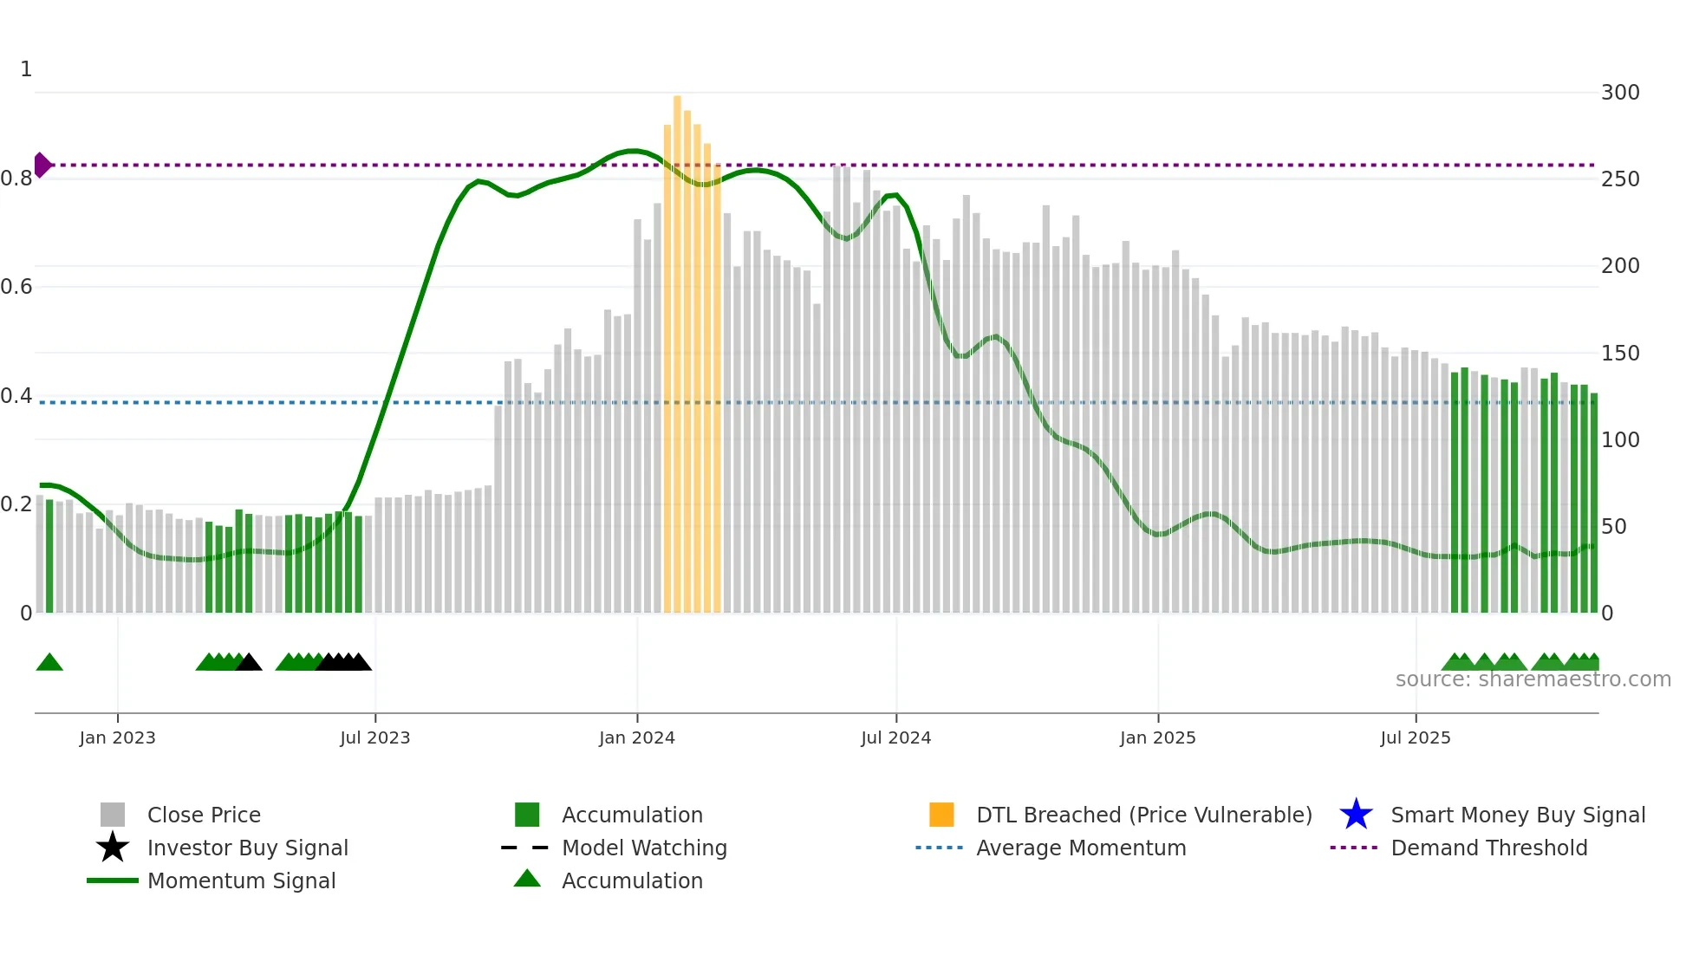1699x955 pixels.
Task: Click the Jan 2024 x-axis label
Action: pos(636,737)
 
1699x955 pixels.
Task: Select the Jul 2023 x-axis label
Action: pos(374,737)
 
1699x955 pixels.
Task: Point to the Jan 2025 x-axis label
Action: pos(1157,737)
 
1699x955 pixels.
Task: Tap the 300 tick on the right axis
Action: pos(1620,93)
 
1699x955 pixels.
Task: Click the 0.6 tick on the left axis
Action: pos(16,287)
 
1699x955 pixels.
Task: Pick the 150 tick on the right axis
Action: pos(1620,354)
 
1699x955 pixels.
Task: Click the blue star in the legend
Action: pos(1356,815)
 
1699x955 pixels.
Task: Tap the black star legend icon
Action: pos(113,848)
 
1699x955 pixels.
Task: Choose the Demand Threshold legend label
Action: pos(1488,848)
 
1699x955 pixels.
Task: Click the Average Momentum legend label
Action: pos(1081,848)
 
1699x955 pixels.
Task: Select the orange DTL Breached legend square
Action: pos(941,815)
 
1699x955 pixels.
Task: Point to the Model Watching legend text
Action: pos(644,848)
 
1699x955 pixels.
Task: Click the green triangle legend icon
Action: pos(527,880)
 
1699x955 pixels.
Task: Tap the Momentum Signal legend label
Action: pos(241,880)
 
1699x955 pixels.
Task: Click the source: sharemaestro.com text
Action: pos(1533,679)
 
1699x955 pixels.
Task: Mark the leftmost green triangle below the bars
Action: pos(49,663)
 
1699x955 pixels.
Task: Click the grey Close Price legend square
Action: pos(113,815)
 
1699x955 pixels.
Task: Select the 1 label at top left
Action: pos(26,69)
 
